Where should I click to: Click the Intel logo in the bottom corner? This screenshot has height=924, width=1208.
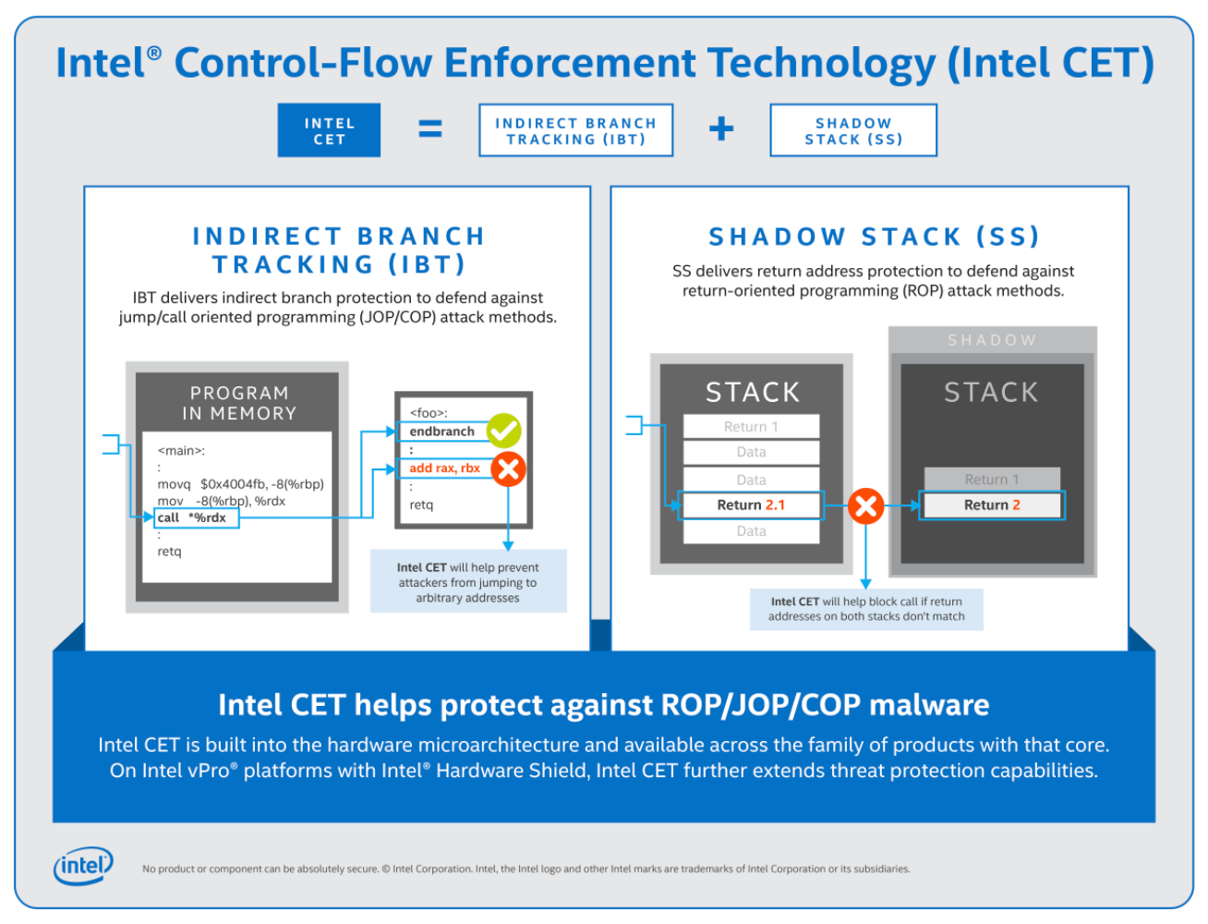click(x=83, y=866)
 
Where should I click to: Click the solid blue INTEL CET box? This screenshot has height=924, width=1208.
click(x=329, y=130)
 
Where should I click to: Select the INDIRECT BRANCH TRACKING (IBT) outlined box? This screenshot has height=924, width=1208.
click(x=575, y=130)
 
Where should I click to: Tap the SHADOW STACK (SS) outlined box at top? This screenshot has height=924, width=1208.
click(x=853, y=130)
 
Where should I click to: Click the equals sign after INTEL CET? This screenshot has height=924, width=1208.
click(x=430, y=129)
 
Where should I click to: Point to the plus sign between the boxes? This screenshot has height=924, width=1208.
click(x=721, y=129)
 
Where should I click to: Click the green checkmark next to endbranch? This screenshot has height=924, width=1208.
click(x=504, y=430)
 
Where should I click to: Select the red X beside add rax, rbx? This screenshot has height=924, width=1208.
click(x=508, y=468)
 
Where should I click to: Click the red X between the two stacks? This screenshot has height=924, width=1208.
click(x=865, y=505)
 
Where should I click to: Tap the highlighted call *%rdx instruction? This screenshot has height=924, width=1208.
click(x=197, y=517)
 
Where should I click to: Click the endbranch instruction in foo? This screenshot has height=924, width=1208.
click(x=442, y=432)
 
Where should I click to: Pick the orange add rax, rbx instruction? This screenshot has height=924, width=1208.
click(x=445, y=468)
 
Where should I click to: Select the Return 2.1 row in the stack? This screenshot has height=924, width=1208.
click(x=751, y=505)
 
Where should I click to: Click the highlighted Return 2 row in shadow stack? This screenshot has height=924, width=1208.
click(x=992, y=505)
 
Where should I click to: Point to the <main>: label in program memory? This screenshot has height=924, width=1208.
click(x=181, y=451)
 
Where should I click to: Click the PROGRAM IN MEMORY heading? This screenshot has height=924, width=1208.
click(x=239, y=403)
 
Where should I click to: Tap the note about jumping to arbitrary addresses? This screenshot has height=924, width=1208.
click(x=468, y=582)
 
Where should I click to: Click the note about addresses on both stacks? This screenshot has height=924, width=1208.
click(x=866, y=609)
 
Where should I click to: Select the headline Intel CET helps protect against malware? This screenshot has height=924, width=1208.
click(x=603, y=705)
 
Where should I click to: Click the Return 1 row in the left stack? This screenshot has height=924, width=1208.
click(x=751, y=426)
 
